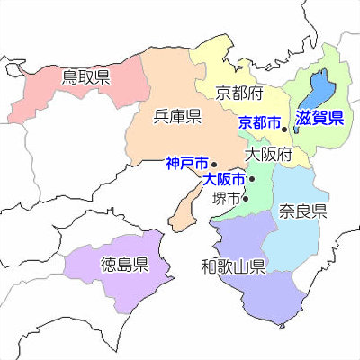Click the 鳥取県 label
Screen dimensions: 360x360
click(x=85, y=77)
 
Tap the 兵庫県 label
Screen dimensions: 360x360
click(x=177, y=115)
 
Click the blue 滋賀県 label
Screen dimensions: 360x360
click(x=320, y=117)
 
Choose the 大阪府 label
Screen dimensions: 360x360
click(x=269, y=154)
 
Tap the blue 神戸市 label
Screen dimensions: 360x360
click(x=186, y=164)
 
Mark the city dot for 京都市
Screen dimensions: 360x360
click(x=284, y=130)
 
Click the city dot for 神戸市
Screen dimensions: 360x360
click(x=214, y=166)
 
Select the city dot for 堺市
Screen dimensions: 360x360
click(x=246, y=199)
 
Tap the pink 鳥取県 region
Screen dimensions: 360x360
click(x=54, y=90)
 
